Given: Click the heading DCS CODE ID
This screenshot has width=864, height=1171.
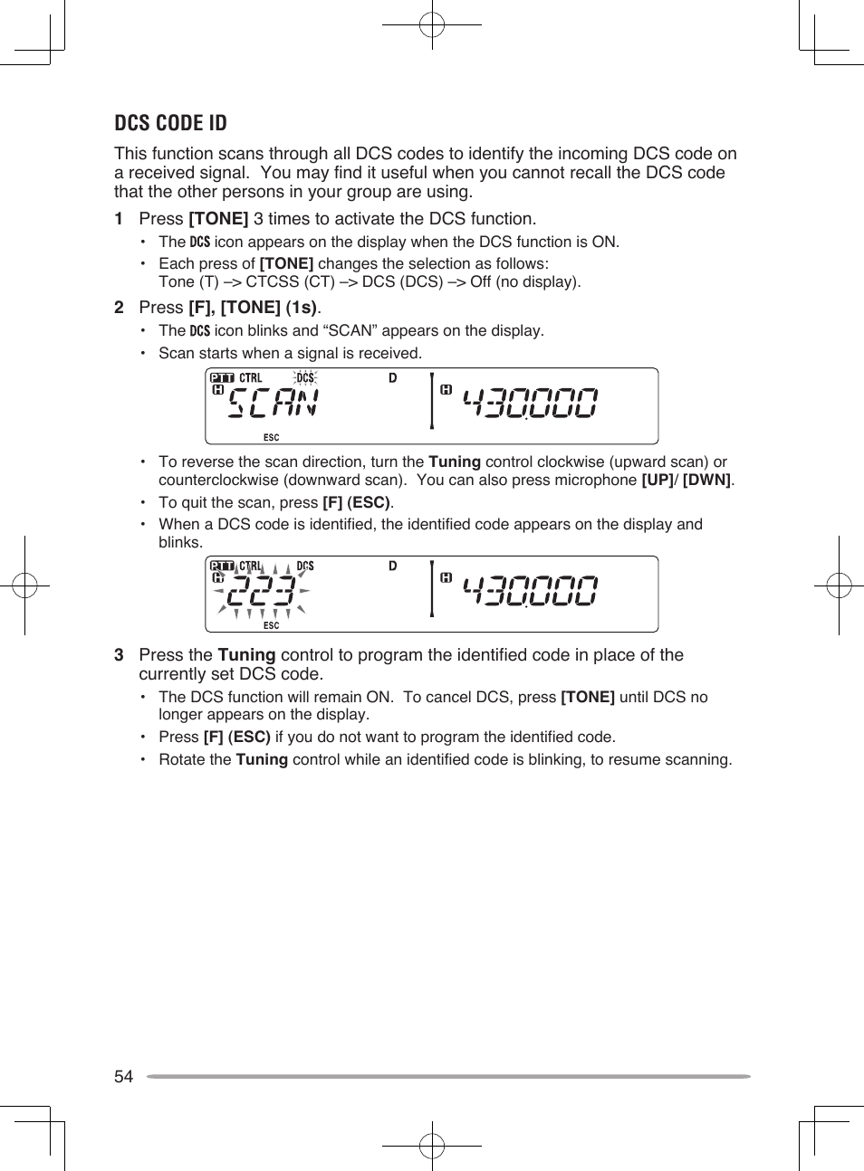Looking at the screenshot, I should pyautogui.click(x=170, y=123).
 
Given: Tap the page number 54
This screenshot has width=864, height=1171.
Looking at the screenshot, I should pyautogui.click(x=123, y=1076).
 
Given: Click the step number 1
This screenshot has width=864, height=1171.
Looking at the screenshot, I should pyautogui.click(x=119, y=219).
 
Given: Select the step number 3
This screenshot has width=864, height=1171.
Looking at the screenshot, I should pyautogui.click(x=119, y=655).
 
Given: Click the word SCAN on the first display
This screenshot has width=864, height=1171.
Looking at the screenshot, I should pyautogui.click(x=273, y=404).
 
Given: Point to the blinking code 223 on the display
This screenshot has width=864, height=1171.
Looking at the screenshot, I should pyautogui.click(x=261, y=592).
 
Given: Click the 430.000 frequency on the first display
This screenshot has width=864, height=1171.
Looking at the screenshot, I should pyautogui.click(x=530, y=404).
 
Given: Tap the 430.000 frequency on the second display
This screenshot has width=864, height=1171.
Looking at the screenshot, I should pyautogui.click(x=530, y=592).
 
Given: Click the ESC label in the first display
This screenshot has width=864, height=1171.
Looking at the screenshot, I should pyautogui.click(x=271, y=437).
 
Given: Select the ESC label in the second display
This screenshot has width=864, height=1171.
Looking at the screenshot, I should pyautogui.click(x=271, y=625).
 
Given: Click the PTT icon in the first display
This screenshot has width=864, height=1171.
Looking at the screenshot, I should pyautogui.click(x=222, y=378).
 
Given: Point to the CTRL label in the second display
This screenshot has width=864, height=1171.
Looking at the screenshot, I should pyautogui.click(x=251, y=566).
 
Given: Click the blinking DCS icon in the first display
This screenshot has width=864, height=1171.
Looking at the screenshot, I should pyautogui.click(x=305, y=378).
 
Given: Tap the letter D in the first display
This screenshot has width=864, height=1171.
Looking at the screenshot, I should pyautogui.click(x=393, y=378).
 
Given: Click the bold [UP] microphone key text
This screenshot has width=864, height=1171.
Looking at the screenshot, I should pyautogui.click(x=657, y=481).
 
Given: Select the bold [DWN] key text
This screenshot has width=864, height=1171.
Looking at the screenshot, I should pyautogui.click(x=706, y=481).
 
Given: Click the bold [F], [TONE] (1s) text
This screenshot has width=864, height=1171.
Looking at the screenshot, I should pyautogui.click(x=253, y=308).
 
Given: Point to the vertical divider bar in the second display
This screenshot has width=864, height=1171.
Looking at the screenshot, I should pyautogui.click(x=432, y=589).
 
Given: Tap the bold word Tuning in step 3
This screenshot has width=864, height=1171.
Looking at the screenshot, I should pyautogui.click(x=246, y=655).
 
